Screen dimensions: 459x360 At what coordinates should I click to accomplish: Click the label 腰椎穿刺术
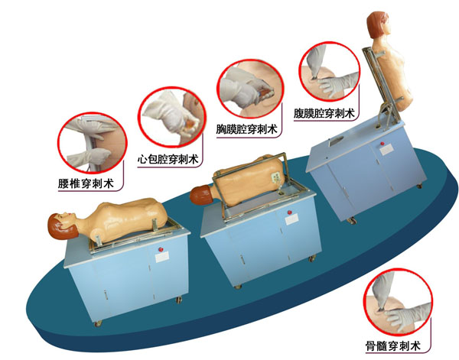coord(86,183)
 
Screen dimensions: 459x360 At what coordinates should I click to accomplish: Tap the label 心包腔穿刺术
coord(168,160)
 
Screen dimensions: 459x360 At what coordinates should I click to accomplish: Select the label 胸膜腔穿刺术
coord(246,129)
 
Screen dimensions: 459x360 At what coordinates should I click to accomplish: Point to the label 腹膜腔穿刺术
coord(324,113)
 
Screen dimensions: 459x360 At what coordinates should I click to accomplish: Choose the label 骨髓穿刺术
coord(393,346)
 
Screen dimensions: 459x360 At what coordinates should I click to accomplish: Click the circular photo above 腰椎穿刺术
coord(92,143)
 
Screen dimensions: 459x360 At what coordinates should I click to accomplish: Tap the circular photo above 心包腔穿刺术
coord(172,117)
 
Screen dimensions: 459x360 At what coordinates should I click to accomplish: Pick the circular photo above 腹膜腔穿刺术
coord(329,72)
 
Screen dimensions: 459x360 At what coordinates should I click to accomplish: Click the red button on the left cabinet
coord(161,249)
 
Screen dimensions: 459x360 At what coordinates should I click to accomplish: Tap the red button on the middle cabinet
coord(290,212)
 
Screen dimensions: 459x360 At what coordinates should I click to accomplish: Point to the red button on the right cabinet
coord(382,144)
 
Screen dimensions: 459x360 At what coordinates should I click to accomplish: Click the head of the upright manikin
coord(379,25)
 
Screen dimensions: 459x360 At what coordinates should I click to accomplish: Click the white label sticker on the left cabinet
coord(162,258)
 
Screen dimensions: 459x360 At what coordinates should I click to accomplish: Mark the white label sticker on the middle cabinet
coord(291,219)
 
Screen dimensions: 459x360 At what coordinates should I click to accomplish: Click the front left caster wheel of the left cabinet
coord(98,323)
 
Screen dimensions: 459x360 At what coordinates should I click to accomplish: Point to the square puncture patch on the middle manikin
coord(275,177)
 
